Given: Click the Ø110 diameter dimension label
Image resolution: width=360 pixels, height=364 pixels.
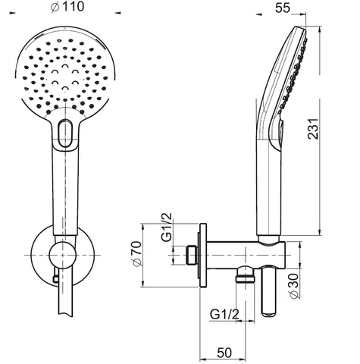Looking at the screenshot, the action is (x=67, y=7).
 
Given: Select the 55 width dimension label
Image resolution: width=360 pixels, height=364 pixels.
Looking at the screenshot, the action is (x=283, y=8).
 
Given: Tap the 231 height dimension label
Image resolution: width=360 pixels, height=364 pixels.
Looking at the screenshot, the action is (x=313, y=128).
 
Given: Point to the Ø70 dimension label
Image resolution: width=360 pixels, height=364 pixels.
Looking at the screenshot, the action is (x=136, y=253).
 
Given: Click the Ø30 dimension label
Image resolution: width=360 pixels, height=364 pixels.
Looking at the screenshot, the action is (x=293, y=286).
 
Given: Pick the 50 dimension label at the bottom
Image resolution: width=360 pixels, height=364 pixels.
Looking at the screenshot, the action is (x=224, y=353).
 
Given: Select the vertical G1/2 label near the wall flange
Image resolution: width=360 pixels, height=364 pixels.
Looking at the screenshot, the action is (x=167, y=228).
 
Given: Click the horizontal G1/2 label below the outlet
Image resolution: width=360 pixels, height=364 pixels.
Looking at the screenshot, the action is (x=224, y=315).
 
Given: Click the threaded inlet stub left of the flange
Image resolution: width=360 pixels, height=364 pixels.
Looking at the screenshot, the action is (x=192, y=255).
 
